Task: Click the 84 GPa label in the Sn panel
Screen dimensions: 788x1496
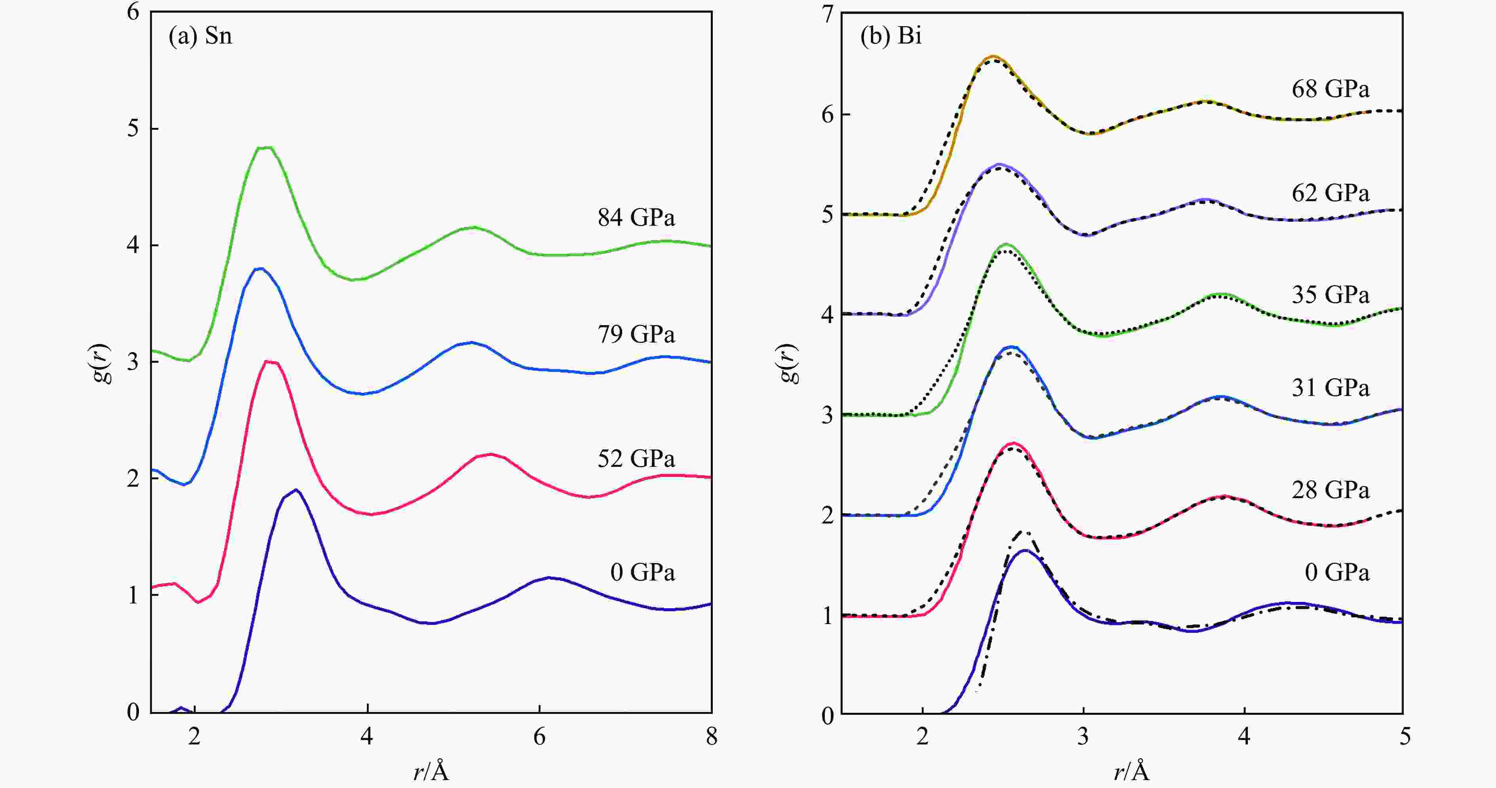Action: tap(636, 218)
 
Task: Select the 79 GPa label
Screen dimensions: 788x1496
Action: tap(636, 335)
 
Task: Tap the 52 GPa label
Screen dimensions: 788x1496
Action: tap(636, 459)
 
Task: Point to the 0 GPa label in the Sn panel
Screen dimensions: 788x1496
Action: tap(642, 573)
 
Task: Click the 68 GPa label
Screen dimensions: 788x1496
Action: tap(1330, 89)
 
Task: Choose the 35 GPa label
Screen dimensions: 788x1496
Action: tap(1330, 295)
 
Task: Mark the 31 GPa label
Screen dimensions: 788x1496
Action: tap(1330, 388)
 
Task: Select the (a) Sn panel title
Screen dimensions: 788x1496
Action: tap(200, 36)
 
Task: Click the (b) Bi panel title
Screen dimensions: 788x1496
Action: tap(891, 36)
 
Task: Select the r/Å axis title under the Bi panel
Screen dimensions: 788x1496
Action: tap(1131, 772)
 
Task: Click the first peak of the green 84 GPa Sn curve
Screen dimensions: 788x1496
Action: tap(265, 148)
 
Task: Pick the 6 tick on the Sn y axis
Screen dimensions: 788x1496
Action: tap(134, 11)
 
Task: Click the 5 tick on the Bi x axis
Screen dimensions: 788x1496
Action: tap(1404, 737)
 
